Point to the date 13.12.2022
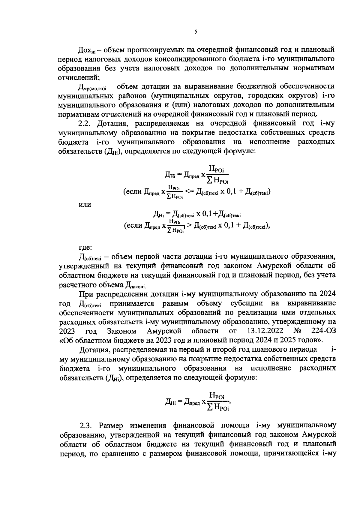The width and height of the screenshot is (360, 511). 264,331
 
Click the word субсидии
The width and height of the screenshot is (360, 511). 246,303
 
